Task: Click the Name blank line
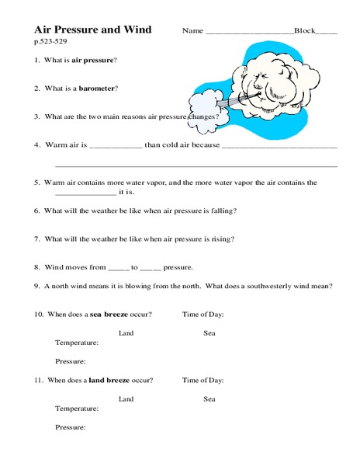coord(248,33)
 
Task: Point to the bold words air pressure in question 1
coord(94,60)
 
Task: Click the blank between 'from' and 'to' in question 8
coord(117,268)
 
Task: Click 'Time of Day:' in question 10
coord(202,314)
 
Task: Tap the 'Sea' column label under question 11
coord(209,399)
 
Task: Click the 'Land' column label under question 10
coord(126,332)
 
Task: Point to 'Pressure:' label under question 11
coord(71,428)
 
